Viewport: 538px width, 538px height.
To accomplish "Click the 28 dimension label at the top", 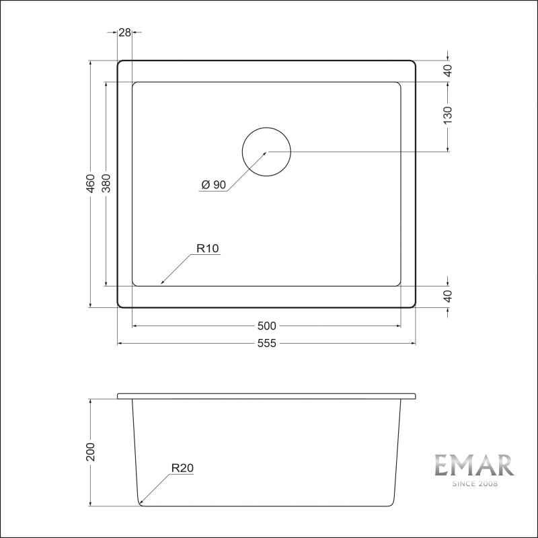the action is pos(125,32).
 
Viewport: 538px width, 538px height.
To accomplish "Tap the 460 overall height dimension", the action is pos(91,184).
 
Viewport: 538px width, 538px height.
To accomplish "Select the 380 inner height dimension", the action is pos(106,183).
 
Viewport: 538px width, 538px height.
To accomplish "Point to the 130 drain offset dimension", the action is pos(448,115).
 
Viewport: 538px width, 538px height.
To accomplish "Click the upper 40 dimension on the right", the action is pos(448,71).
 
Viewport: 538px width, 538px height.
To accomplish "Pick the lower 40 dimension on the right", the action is pos(448,296).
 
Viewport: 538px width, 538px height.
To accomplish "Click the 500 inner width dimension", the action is pos(266,325).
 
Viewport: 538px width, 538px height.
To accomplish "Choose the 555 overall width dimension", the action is pos(266,343).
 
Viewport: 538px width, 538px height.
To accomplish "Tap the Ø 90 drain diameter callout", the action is pos(214,185).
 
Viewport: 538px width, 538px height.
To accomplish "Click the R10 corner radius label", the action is pos(208,248).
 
